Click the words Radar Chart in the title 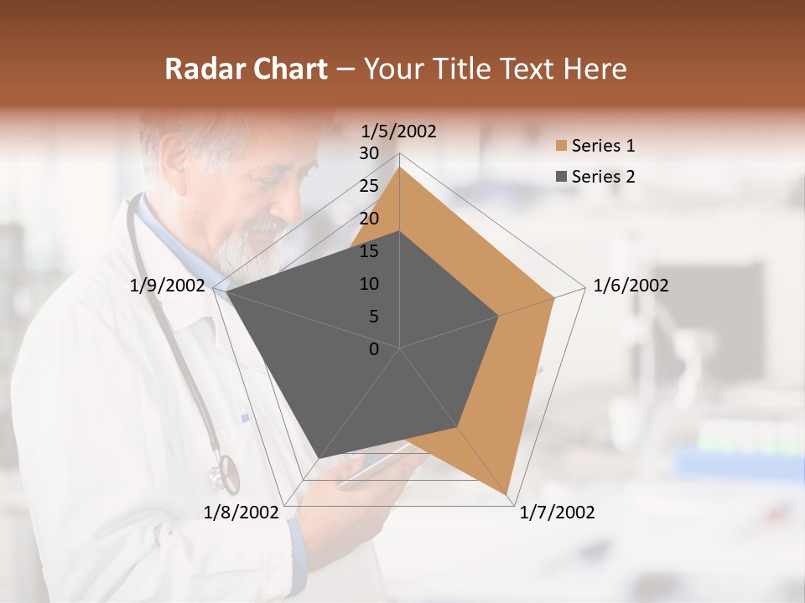click(246, 69)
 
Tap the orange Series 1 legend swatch click(561, 147)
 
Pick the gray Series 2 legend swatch click(561, 177)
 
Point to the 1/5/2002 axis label click(398, 131)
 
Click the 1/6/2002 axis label click(631, 286)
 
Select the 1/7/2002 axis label click(557, 513)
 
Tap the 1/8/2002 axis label click(241, 513)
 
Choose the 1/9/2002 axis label click(168, 286)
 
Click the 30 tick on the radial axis click(369, 153)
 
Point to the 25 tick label click(369, 186)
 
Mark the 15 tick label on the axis click(369, 251)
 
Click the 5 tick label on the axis click(373, 317)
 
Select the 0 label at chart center click(374, 349)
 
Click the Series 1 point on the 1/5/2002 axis click(400, 167)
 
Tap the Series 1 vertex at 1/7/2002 click(507, 493)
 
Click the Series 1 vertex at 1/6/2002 click(554, 297)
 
